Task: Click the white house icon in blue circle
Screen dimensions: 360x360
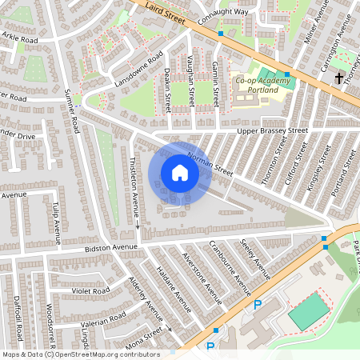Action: (180, 173)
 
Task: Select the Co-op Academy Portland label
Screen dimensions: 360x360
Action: (256, 85)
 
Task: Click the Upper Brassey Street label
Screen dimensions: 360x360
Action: (273, 130)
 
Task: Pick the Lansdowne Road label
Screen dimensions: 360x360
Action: (138, 69)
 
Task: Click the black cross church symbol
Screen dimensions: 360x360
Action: (339, 78)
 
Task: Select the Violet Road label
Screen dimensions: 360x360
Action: (90, 291)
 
